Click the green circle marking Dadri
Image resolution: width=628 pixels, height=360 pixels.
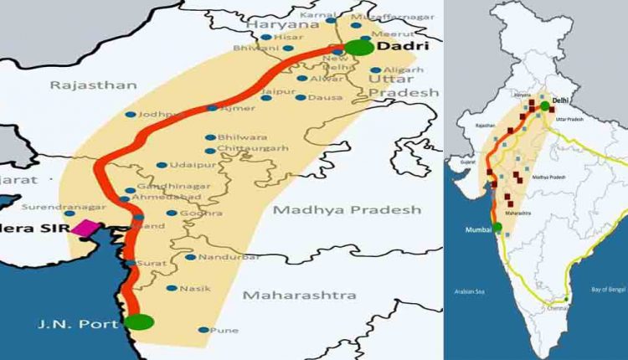360,47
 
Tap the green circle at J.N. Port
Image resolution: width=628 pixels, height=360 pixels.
138,321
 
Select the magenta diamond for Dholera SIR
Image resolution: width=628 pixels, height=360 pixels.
85,228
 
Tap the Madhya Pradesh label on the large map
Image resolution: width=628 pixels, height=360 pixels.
350,210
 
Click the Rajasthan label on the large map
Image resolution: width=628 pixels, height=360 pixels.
81,85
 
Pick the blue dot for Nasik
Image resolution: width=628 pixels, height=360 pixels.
172,289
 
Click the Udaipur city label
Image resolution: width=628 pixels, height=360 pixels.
186,165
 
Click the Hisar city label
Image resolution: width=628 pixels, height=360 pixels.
287,38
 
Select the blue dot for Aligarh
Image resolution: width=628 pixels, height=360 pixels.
373,70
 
